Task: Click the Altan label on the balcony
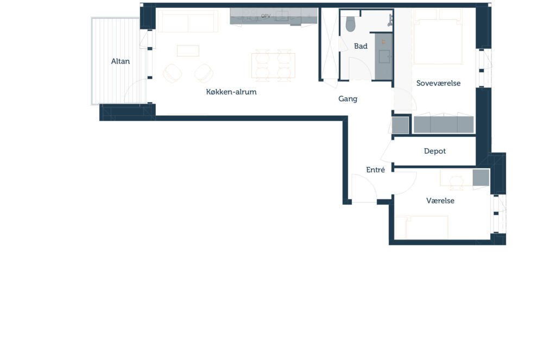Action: coord(120,61)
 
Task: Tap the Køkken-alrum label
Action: coord(231,92)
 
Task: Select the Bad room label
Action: coord(361,46)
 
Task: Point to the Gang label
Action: coord(347,99)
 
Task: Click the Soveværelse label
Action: coord(438,84)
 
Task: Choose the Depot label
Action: coord(435,151)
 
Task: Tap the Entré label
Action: coord(375,170)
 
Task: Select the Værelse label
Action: coord(440,201)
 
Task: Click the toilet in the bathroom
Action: coord(350,23)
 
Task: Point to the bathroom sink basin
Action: coord(384,56)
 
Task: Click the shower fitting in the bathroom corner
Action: coord(390,20)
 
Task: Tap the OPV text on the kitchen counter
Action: coord(266,16)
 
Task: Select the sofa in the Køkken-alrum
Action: coord(187,21)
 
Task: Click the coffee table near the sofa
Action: coord(188,50)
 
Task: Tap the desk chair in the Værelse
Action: coord(456,182)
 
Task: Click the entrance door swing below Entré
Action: coord(364,188)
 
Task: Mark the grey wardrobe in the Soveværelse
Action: coord(444,124)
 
